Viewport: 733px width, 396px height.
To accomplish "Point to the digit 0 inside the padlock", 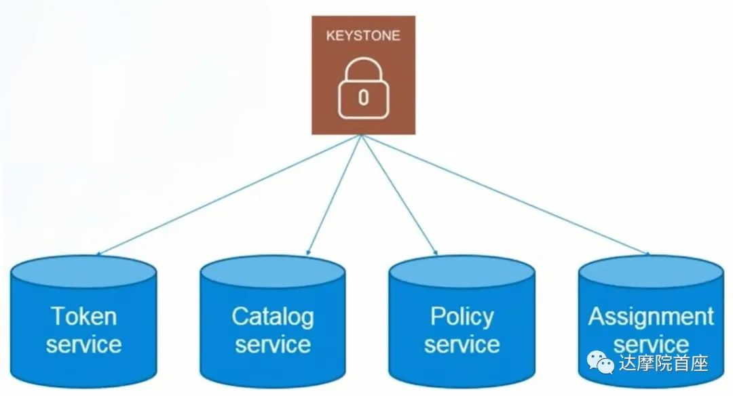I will point(363,98).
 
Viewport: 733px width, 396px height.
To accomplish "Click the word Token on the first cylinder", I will point(84,317).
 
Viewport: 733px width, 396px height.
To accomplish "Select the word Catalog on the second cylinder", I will point(272,316).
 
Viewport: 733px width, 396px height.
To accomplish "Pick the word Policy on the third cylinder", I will point(462,316).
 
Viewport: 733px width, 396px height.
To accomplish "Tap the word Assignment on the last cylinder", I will point(651,317).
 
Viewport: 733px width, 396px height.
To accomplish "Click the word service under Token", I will point(84,344).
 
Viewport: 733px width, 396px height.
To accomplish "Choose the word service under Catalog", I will point(272,344).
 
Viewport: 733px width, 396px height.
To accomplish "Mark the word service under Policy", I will point(462,344).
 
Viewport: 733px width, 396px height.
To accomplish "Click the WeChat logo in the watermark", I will point(601,363).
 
